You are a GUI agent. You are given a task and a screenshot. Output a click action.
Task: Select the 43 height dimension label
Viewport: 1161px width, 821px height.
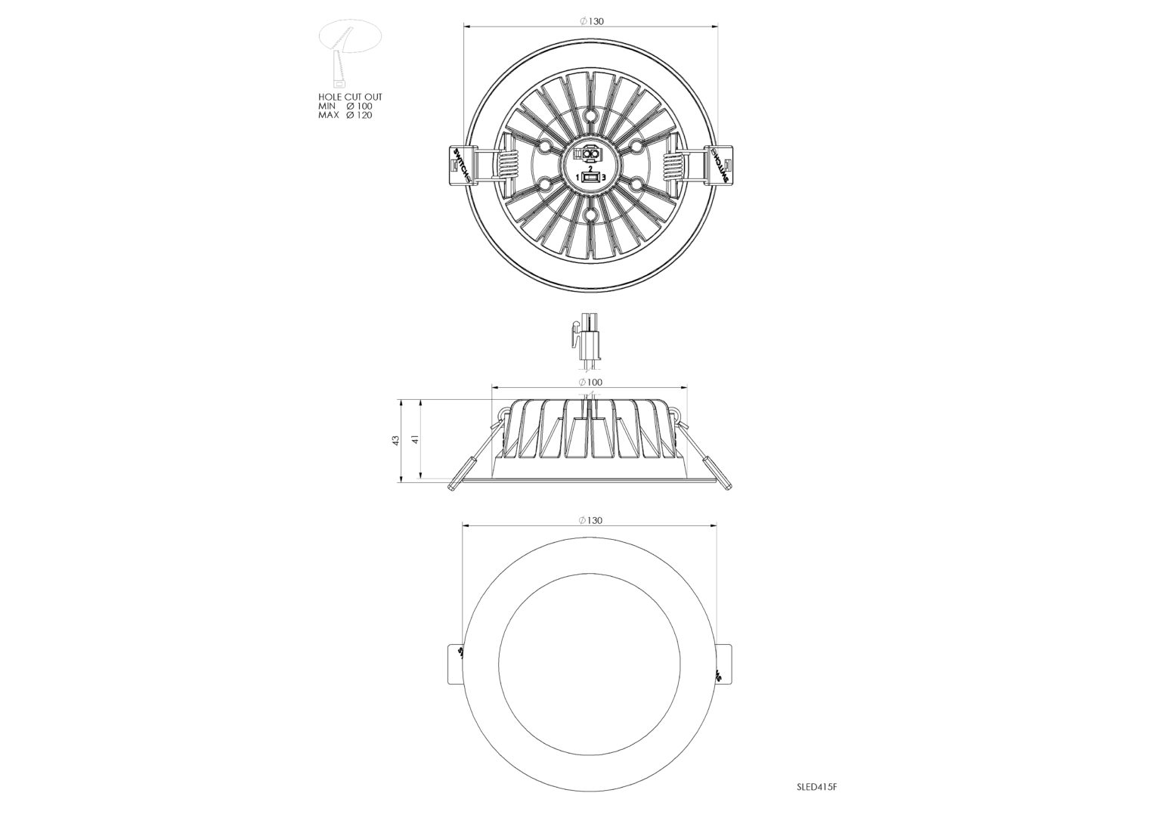[395, 440]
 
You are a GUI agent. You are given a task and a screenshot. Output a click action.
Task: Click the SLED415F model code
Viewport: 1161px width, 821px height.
[817, 787]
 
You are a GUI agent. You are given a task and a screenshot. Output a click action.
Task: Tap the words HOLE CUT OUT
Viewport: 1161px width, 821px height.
[350, 98]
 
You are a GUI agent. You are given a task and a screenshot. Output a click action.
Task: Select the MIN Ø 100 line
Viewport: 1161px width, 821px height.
[345, 107]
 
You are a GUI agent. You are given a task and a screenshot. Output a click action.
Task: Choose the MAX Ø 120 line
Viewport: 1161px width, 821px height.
[345, 116]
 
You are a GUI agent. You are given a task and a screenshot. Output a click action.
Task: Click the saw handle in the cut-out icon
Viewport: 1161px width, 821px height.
[338, 74]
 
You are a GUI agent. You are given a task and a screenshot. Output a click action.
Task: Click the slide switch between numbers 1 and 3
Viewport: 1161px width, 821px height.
[590, 178]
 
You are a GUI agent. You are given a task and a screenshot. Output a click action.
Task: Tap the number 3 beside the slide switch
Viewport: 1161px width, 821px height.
[603, 177]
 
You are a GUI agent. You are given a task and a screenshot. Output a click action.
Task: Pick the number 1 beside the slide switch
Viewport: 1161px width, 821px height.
[577, 177]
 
